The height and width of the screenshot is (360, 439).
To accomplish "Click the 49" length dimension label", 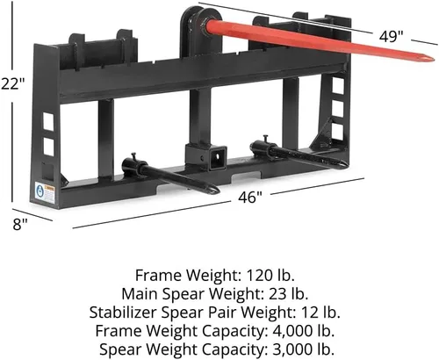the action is [391, 37].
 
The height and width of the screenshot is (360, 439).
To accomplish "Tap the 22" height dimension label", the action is [12, 83].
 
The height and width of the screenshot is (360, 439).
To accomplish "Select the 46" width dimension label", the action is [249, 197].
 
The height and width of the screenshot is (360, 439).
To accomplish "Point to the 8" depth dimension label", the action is [20, 225].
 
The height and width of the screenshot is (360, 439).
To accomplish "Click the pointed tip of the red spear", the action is [433, 59].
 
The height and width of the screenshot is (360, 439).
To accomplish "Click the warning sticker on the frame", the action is [45, 193].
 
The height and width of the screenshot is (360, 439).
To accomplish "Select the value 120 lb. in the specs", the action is [270, 275].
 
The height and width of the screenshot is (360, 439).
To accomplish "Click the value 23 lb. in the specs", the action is [288, 293].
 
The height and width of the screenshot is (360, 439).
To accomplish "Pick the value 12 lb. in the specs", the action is [320, 312].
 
